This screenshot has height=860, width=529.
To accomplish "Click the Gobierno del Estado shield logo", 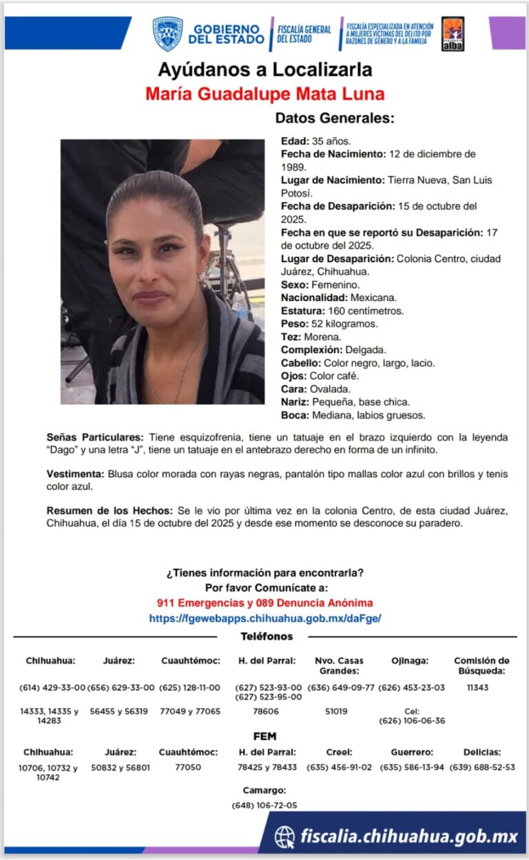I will [167, 34].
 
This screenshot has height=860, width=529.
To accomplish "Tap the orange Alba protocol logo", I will [453, 34].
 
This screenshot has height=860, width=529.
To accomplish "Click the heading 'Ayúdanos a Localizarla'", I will [264, 70].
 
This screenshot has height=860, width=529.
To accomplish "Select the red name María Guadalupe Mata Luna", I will [264, 94].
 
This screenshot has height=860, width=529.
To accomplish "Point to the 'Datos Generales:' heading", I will [335, 118].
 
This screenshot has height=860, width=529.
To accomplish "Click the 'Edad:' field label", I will [295, 141].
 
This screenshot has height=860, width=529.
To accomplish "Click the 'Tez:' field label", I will [291, 337].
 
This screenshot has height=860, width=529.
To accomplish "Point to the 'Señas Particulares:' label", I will [95, 437].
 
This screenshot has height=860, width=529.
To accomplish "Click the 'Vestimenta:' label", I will [76, 474].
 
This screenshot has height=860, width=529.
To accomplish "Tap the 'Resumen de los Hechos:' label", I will [110, 510].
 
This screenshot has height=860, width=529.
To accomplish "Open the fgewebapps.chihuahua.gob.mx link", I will [264, 618].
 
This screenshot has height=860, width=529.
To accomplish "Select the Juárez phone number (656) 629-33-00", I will [118, 687].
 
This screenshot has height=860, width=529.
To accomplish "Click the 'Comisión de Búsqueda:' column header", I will [481, 665].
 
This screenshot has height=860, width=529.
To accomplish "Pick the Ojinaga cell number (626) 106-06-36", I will [411, 721].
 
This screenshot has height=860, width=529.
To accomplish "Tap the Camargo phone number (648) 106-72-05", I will [264, 805].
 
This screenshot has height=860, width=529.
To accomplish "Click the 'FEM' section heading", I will [264, 736].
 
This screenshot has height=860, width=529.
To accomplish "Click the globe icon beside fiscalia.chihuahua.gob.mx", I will [284, 837].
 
